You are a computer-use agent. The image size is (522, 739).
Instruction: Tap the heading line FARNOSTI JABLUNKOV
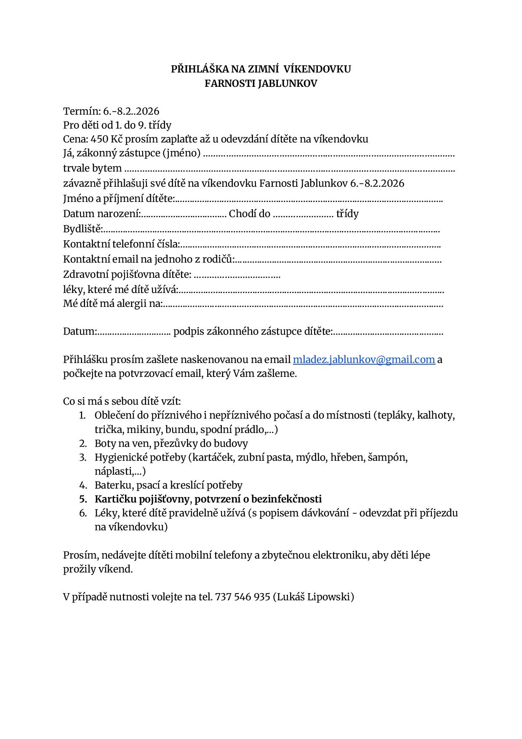click(261, 83)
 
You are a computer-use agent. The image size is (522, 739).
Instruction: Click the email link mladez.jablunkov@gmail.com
click(364, 360)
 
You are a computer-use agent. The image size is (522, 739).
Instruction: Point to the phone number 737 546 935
click(242, 597)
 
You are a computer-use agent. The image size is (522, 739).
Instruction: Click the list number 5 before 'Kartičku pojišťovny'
click(83, 499)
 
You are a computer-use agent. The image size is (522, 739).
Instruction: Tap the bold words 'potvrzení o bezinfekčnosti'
click(258, 499)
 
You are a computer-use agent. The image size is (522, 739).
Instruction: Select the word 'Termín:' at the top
click(82, 111)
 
